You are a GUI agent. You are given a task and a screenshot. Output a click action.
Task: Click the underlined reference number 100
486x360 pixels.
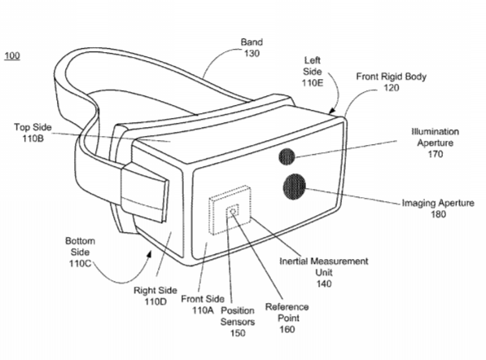point(12,56)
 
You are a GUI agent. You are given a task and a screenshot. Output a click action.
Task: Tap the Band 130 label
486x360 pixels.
point(252,48)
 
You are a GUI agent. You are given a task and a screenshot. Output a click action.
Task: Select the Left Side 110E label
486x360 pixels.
point(313,72)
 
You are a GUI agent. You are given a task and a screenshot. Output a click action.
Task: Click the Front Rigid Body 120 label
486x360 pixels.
point(391,82)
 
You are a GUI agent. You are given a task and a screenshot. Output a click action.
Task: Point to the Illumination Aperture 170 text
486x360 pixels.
point(436,143)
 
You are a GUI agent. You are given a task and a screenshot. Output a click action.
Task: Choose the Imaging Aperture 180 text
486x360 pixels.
point(438,209)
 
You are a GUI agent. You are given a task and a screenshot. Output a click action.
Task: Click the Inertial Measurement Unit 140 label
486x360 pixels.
point(324,273)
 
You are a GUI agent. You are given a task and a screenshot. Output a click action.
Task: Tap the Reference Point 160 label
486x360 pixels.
point(287,318)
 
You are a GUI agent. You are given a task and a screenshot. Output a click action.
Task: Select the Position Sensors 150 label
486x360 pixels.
point(238,322)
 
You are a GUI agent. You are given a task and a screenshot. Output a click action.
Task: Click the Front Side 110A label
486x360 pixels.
point(203,305)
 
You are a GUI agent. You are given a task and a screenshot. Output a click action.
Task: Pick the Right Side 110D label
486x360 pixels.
point(155,296)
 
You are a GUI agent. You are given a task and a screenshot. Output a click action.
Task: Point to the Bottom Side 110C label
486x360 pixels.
point(80,252)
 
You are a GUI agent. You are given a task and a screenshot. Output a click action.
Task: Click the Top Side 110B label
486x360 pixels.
point(33,133)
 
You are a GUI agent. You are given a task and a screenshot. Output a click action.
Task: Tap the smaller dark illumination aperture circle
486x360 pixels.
point(287,156)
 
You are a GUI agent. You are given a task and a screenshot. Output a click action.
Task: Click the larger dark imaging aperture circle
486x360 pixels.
point(294,187)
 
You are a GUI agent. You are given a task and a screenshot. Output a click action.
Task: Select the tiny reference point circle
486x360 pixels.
point(234,212)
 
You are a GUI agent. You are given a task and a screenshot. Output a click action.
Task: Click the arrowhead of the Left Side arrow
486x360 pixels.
point(331,111)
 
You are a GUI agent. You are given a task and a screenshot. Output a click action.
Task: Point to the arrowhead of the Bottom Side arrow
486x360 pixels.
point(150,254)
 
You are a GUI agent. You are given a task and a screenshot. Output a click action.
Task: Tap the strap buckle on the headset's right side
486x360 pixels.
point(145,191)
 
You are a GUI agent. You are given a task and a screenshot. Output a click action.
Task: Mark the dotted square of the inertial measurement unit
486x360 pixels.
point(230,210)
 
